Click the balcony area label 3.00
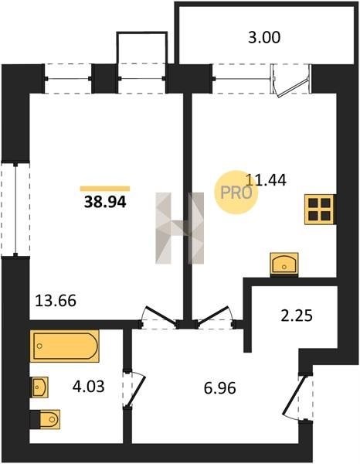(264, 38)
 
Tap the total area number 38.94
(105, 203)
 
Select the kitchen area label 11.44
(266, 180)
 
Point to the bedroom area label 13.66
(56, 301)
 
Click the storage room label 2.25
(297, 316)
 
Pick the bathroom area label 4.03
(88, 387)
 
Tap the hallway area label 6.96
(220, 388)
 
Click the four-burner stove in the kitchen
(319, 210)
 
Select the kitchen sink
(284, 264)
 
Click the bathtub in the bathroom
(64, 346)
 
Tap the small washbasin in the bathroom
(39, 387)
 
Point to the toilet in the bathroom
(46, 419)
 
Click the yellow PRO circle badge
(236, 193)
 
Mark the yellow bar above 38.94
(105, 189)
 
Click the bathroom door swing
(135, 391)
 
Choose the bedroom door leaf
(160, 316)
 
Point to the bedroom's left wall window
(15, 210)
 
